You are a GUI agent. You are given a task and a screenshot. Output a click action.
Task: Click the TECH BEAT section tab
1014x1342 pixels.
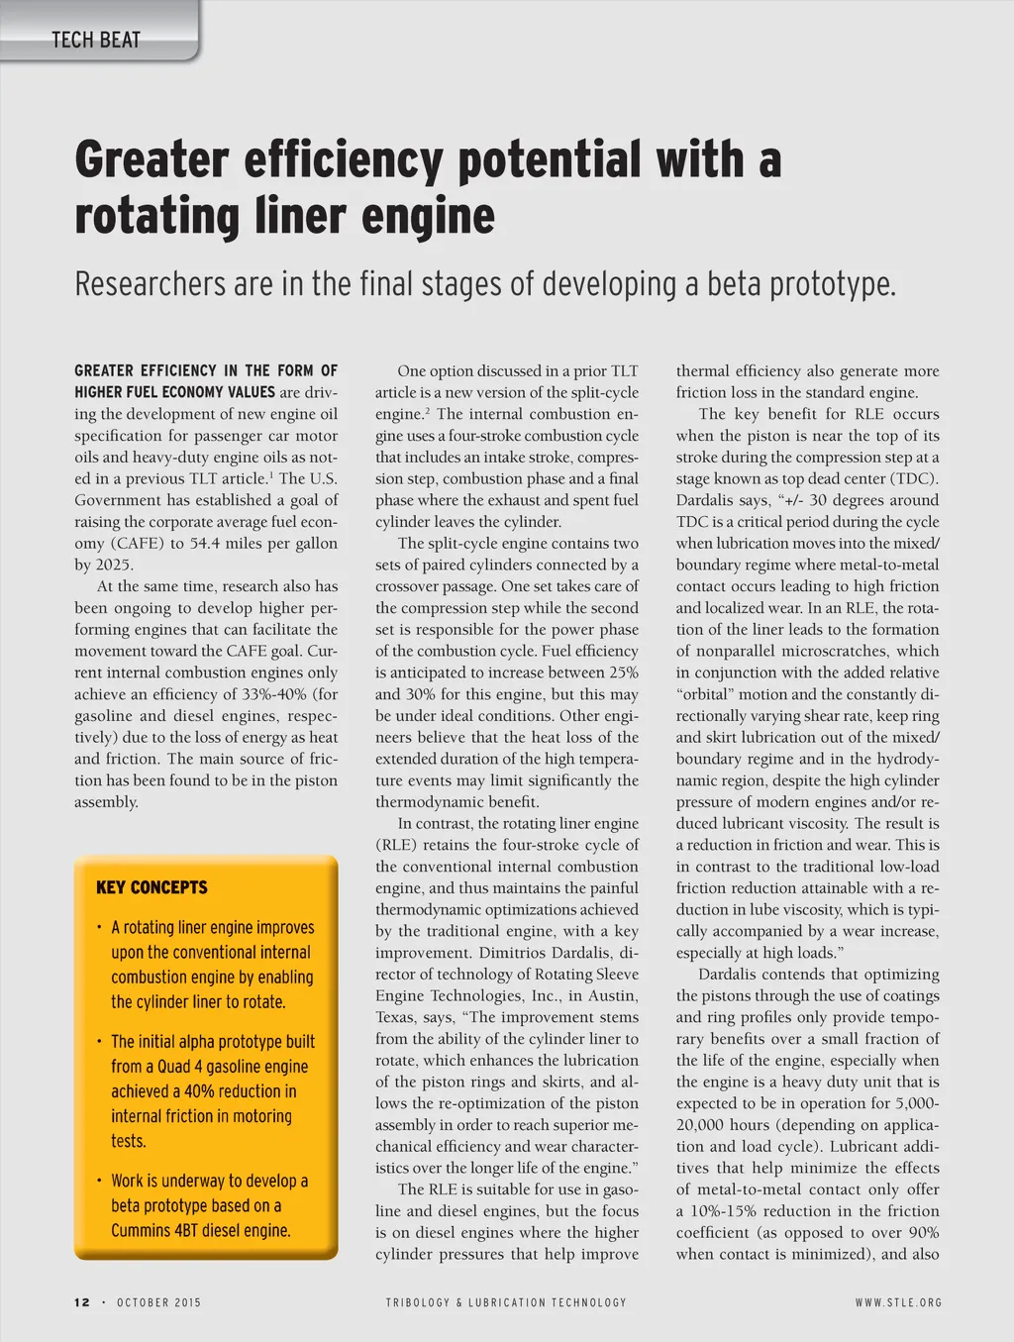[96, 40]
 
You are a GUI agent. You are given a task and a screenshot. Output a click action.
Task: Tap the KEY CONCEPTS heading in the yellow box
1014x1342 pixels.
[152, 887]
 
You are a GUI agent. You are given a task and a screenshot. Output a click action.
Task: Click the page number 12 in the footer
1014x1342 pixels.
[81, 1302]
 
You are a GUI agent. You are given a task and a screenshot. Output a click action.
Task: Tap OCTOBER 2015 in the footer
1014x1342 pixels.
[158, 1302]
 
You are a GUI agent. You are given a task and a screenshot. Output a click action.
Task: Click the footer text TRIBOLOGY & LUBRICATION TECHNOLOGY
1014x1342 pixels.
[506, 1302]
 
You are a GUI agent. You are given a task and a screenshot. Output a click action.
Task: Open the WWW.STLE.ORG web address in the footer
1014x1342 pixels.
[898, 1302]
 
